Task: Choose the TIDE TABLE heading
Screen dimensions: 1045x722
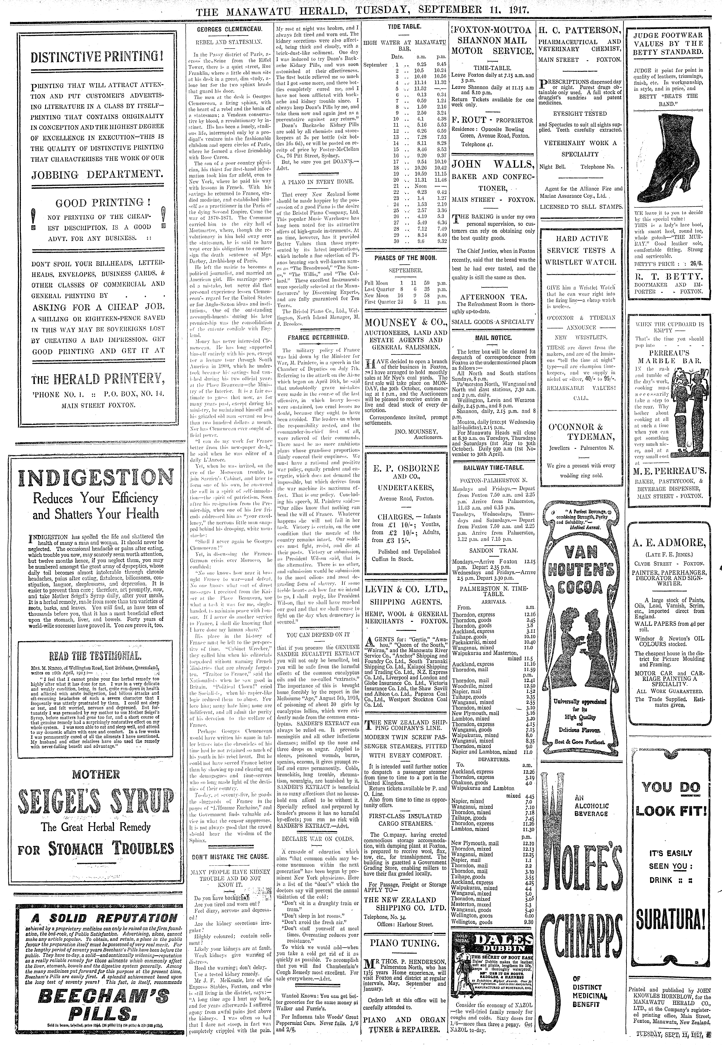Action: point(404,27)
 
